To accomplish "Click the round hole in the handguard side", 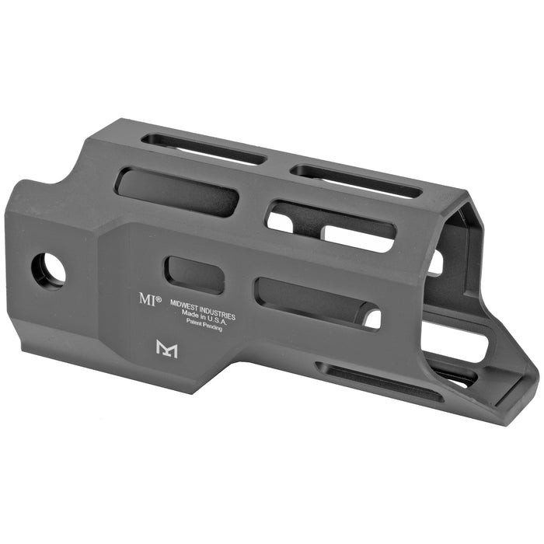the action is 48,270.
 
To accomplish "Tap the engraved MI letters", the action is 147,299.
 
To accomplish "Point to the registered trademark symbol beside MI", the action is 159,298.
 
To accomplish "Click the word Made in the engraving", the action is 190,313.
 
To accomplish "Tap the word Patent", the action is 194,322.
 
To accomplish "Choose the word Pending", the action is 212,326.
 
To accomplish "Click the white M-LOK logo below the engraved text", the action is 167,349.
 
